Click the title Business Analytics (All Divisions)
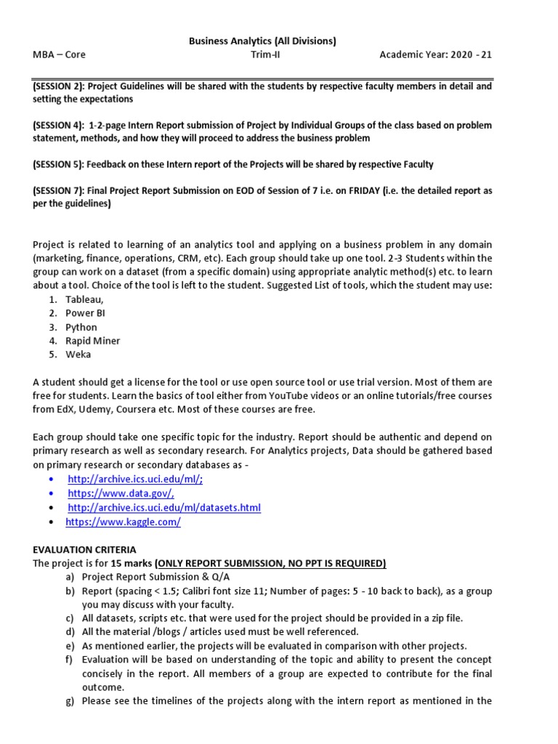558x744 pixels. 262,41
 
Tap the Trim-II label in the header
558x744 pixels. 262,54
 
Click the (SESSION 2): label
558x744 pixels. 59,86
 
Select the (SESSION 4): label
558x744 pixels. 59,125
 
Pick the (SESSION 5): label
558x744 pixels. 59,164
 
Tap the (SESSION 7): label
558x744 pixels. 59,190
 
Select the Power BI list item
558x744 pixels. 85,313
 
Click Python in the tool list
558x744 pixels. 81,327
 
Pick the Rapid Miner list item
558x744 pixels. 92,341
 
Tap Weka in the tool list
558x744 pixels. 78,355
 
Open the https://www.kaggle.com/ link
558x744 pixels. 123,522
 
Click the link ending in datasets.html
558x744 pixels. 164,507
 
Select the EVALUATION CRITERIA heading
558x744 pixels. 84,549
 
